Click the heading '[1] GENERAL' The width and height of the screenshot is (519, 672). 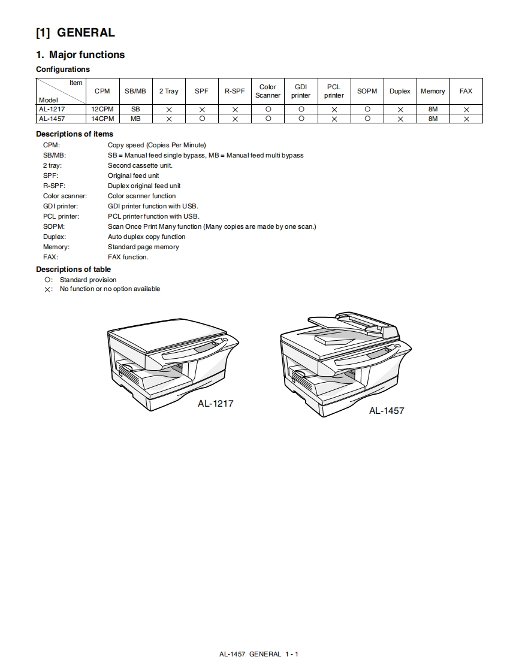coord(76,32)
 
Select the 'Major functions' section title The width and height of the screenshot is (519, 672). coord(80,55)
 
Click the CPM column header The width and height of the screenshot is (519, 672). coord(102,91)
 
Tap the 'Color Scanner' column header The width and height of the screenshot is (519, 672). coord(268,91)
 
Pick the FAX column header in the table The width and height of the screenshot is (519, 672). coord(466,91)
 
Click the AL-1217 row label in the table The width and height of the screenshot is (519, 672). coord(52,110)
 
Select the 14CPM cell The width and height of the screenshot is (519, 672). coord(102,119)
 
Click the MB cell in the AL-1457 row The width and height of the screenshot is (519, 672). coord(135,119)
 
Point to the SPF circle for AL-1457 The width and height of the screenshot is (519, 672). coord(202,119)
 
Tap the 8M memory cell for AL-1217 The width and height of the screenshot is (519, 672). coord(433,110)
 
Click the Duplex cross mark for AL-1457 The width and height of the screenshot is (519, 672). coord(400,119)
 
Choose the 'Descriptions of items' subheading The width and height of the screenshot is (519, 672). coord(74,134)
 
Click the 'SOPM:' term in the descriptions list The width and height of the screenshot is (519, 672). coord(54,226)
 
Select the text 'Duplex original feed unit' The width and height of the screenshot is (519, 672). coord(144,186)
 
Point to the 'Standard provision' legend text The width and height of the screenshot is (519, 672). coord(88,280)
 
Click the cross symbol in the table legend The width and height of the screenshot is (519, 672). coord(48,289)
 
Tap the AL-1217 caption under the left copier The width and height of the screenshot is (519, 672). coord(216,404)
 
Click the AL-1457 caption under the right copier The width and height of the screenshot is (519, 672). coord(387,411)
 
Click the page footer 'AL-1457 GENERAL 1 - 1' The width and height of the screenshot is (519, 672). coord(259,654)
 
